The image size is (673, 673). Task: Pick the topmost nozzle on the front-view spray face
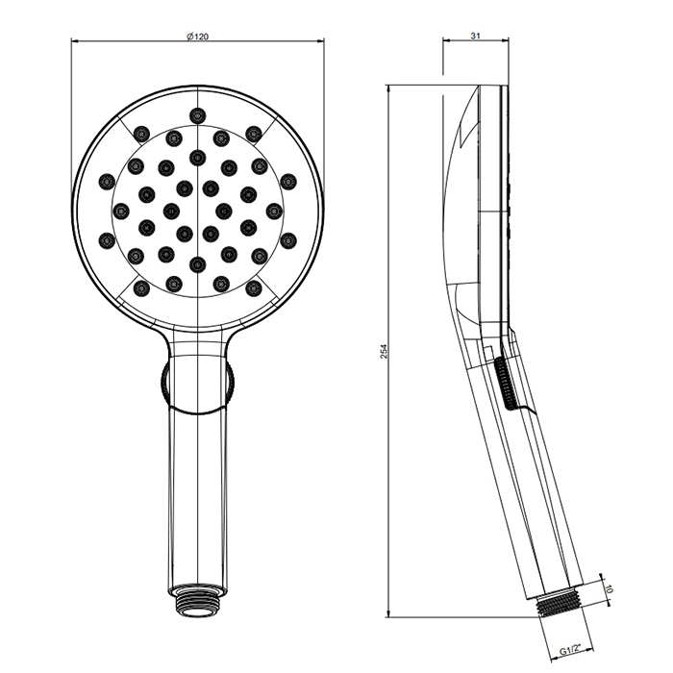(198, 115)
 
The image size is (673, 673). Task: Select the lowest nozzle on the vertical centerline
(198, 263)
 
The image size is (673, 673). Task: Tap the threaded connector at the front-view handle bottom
(198, 598)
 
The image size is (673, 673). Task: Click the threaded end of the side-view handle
(560, 602)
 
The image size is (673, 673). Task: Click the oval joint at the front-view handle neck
(198, 384)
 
